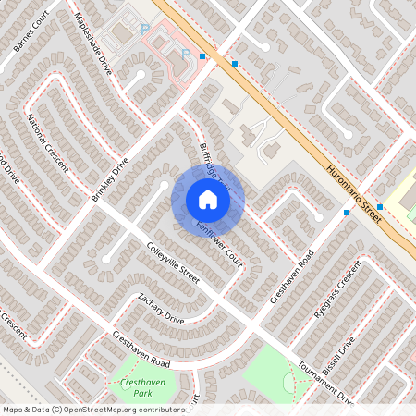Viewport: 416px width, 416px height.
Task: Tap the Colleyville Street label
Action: (173, 263)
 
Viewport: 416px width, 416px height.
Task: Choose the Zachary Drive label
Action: (161, 309)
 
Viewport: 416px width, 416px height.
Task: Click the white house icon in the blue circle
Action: (208, 200)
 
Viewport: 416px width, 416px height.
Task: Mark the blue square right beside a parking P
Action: (202, 55)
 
